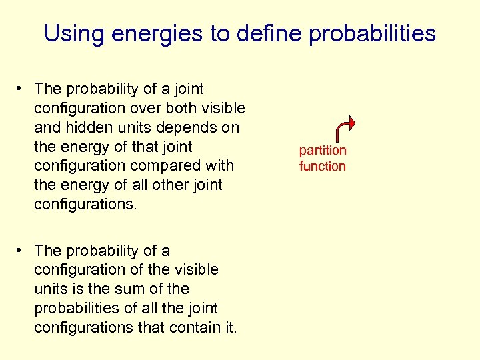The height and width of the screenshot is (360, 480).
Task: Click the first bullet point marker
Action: pos(22,89)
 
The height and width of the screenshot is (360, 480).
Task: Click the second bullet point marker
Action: pos(22,251)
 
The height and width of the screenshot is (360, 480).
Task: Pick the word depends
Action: pos(182,127)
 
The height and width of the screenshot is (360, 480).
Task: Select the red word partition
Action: pos(323,151)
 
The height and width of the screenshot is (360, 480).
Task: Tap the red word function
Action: pos(323,166)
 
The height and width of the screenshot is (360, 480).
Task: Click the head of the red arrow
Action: pos(351,124)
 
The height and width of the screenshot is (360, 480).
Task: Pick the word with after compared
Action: pos(220,166)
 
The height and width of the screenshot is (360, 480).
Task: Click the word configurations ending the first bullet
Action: pos(85,205)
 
